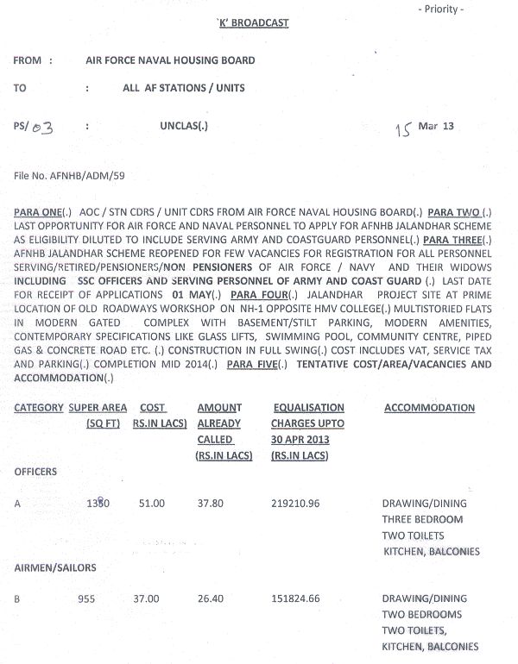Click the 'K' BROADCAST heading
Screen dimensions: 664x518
tap(254, 23)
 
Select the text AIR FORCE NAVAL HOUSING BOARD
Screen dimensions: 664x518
tap(171, 61)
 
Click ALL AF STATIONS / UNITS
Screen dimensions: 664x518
tap(184, 88)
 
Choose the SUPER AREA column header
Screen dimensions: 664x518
tap(98, 408)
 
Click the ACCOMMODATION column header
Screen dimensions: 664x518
tap(427, 408)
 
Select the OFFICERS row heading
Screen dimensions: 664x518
tap(36, 473)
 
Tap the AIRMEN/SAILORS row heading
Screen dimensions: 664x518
tap(54, 567)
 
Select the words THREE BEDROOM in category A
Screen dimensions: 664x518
tap(422, 519)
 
